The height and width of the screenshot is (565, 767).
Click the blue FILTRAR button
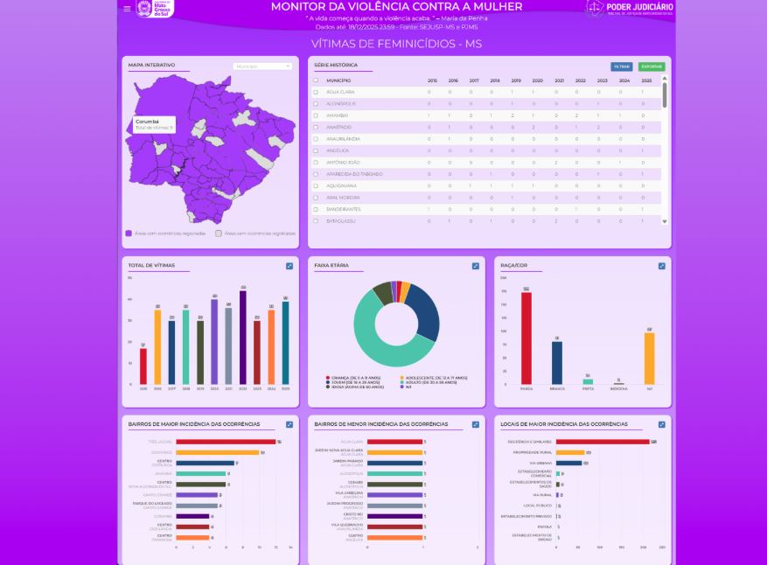pyautogui.click(x=621, y=66)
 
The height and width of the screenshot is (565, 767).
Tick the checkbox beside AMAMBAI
pyautogui.click(x=316, y=115)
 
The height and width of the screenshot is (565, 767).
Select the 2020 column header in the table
pyautogui.click(x=537, y=80)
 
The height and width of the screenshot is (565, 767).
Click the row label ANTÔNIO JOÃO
pyautogui.click(x=342, y=162)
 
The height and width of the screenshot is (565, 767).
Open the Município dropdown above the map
pyautogui.click(x=262, y=66)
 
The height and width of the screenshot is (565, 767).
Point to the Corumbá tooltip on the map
pyautogui.click(x=154, y=124)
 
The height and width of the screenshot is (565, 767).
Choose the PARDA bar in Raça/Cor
pyautogui.click(x=526, y=338)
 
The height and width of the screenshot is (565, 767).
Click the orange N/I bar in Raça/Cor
pyautogui.click(x=650, y=358)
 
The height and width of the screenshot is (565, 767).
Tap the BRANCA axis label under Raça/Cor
pyautogui.click(x=557, y=388)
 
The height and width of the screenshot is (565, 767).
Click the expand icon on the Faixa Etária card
pyautogui.click(x=476, y=266)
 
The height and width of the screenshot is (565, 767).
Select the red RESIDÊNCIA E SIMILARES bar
pyautogui.click(x=602, y=442)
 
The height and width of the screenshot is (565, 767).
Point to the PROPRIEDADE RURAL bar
pyautogui.click(x=570, y=452)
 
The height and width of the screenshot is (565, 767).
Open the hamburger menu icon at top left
pyautogui.click(x=127, y=9)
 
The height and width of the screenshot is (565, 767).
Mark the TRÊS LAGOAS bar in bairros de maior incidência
pyautogui.click(x=226, y=442)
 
